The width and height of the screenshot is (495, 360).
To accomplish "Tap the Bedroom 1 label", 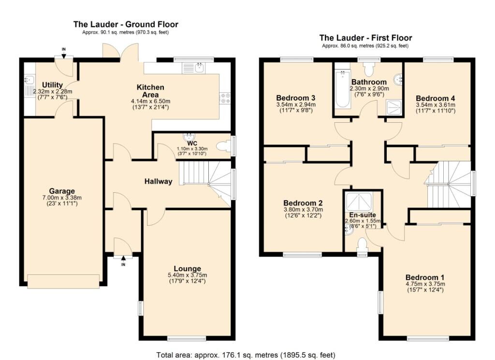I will tap(425, 277).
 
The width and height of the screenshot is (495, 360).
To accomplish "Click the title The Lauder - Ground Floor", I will tap(126, 24).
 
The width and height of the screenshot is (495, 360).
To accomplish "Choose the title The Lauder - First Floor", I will tap(365, 38).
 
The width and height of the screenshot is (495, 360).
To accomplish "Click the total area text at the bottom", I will tap(246, 355).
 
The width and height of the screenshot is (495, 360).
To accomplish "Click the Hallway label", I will tap(158, 182).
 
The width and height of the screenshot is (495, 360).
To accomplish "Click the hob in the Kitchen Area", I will tap(226, 98).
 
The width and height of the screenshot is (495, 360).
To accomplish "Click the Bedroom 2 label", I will tap(303, 202).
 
